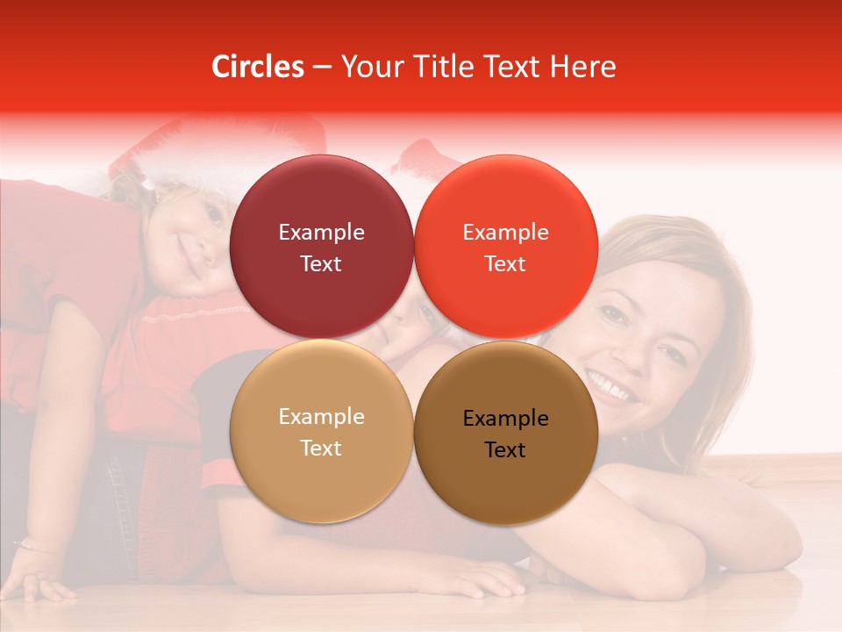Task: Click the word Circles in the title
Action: (257, 67)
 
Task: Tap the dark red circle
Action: (321, 247)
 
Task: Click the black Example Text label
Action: (505, 434)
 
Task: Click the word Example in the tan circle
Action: (321, 417)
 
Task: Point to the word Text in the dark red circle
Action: (321, 263)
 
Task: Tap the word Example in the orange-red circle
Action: (505, 233)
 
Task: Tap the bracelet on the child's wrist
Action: (35, 547)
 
